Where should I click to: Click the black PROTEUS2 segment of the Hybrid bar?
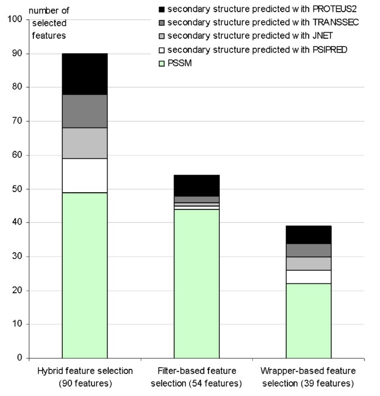pyautogui.click(x=84, y=74)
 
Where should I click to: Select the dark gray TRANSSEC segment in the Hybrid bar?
pyautogui.click(x=84, y=111)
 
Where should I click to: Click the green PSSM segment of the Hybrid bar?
pyautogui.click(x=84, y=275)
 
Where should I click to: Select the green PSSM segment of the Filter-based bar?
pyautogui.click(x=196, y=284)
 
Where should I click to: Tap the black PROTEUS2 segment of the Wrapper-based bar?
pyautogui.click(x=308, y=234)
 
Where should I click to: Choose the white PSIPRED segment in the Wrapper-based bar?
pyautogui.click(x=308, y=277)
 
